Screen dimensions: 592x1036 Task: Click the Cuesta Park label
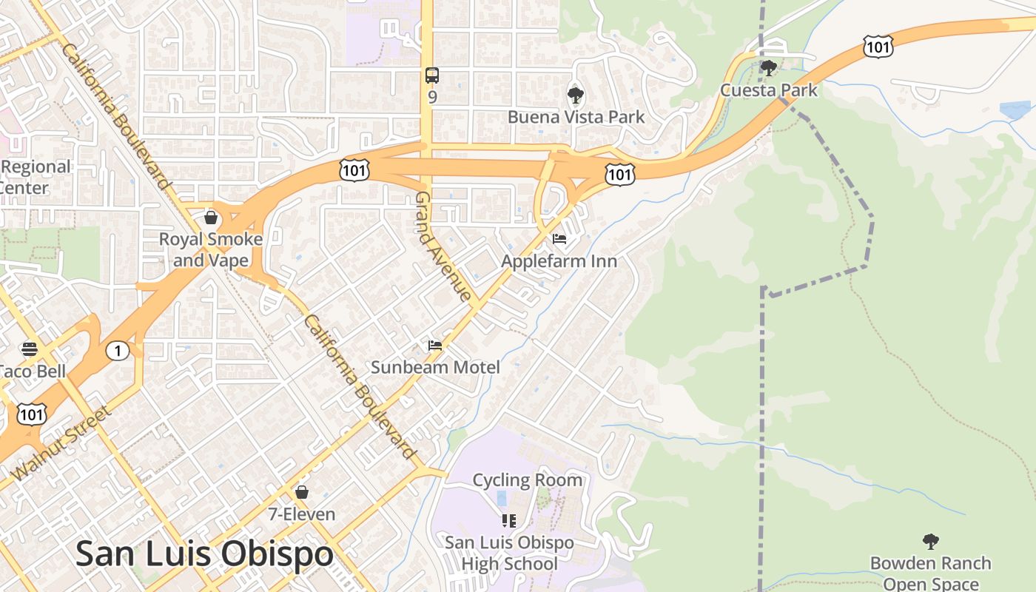pos(769,90)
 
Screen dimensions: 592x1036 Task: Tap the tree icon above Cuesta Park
pos(769,68)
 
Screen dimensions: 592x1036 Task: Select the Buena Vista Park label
pos(576,117)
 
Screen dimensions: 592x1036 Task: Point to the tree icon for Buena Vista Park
pos(575,95)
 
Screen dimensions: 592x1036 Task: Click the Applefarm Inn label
pos(559,261)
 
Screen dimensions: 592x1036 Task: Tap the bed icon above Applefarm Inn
pos(559,239)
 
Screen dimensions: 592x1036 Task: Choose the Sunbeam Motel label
pos(435,367)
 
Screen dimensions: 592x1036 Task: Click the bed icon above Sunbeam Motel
pos(435,346)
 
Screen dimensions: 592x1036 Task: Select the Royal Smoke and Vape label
pos(211,249)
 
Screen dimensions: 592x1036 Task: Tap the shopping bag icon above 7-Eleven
pos(302,492)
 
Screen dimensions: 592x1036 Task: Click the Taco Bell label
pos(33,371)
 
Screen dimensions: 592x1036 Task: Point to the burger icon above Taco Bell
pos(30,349)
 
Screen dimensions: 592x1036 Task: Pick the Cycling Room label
pos(527,480)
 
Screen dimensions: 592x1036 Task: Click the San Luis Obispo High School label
pos(509,553)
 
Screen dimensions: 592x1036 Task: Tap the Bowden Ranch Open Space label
pos(930,573)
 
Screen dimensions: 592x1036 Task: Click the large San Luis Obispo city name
pos(204,554)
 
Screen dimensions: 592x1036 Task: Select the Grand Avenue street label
pos(443,246)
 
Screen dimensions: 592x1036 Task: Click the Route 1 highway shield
pos(118,351)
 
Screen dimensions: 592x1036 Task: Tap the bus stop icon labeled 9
pos(432,75)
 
